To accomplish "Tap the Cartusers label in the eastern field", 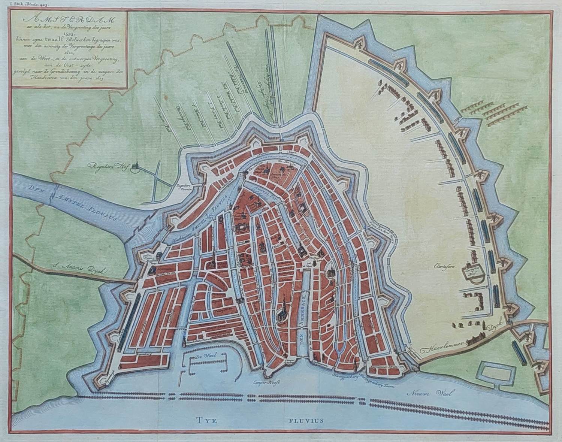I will coord(445,267).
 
